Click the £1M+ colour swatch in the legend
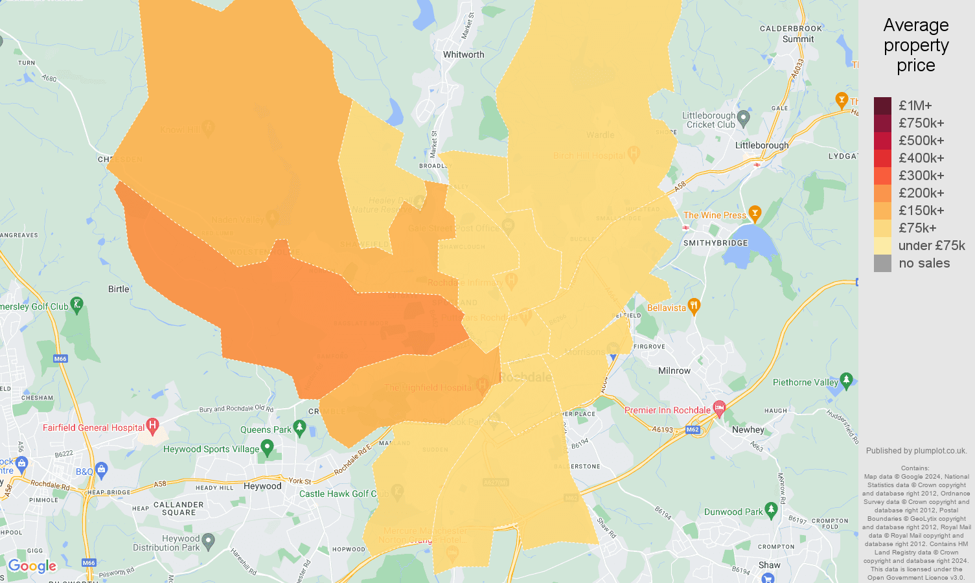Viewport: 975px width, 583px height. (882, 106)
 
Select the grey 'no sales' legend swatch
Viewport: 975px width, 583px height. (882, 263)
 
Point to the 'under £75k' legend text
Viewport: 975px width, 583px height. (931, 246)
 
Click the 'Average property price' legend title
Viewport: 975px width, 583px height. (915, 45)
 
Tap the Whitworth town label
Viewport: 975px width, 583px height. (463, 54)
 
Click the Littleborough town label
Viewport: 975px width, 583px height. (762, 145)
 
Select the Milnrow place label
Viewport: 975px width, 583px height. (674, 371)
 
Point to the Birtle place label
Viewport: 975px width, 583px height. (119, 289)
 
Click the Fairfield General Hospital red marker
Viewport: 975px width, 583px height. (152, 426)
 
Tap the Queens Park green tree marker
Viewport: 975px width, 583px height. (299, 428)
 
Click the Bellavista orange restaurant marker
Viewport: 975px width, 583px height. (694, 306)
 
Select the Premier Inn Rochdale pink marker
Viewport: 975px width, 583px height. (718, 408)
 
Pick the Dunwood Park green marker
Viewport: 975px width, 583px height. (771, 510)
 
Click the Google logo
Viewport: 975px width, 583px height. (32, 566)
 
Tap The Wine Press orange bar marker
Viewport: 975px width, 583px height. (754, 213)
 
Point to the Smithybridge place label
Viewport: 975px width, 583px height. (715, 243)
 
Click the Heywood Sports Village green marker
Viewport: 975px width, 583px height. (267, 448)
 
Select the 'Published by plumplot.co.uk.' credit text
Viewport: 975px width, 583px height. (915, 451)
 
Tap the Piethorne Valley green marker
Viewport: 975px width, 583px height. (846, 380)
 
